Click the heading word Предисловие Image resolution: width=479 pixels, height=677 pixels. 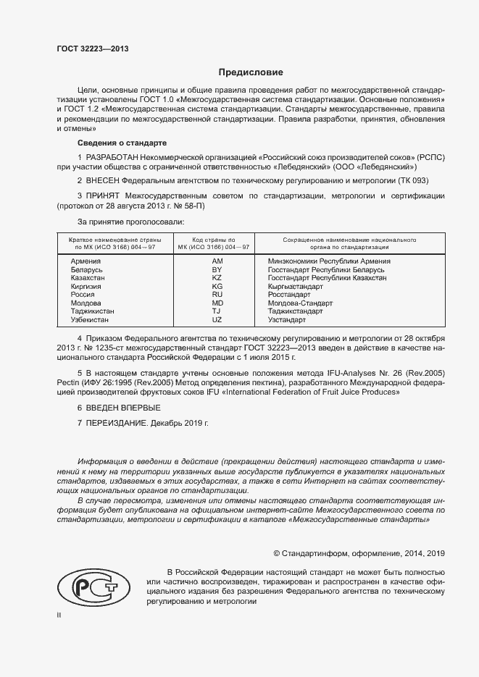pyautogui.click(x=251, y=72)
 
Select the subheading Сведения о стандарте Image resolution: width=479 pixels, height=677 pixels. pyautogui.click(x=122, y=143)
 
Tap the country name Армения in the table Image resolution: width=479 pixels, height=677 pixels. pyautogui.click(x=86, y=261)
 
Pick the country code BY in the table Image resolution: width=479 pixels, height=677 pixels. pyautogui.click(x=217, y=269)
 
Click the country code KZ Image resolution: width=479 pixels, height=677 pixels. pyautogui.click(x=217, y=278)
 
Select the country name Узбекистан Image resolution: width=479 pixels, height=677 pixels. pyautogui.click(x=90, y=319)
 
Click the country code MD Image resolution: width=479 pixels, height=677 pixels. pyautogui.click(x=217, y=303)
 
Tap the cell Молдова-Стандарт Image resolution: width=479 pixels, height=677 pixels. pyautogui.click(x=300, y=303)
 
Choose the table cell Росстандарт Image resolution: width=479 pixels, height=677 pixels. pyautogui.click(x=288, y=295)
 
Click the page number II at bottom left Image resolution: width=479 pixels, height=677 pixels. pyautogui.click(x=59, y=615)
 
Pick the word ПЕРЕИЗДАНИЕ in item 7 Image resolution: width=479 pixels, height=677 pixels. pyautogui.click(x=117, y=423)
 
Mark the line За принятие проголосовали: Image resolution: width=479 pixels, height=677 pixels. pyautogui.click(x=130, y=221)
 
